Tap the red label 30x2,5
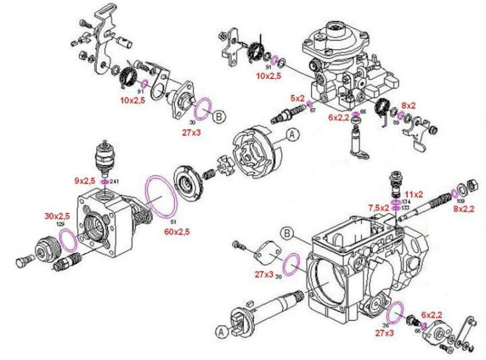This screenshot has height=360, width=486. point(56,216)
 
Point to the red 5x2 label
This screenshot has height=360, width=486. point(296,98)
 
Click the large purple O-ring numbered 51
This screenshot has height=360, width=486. point(162,196)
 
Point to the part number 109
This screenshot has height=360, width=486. point(460,199)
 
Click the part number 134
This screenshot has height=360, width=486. point(405,201)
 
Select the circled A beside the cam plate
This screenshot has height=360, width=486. point(292,136)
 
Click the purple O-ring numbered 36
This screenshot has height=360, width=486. point(396,313)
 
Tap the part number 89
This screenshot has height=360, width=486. point(397,122)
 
